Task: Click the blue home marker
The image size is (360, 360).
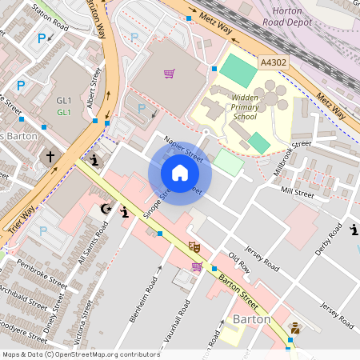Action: coord(180,173)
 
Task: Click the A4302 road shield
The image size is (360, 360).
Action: coord(272,60)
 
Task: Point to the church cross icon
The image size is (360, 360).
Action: coord(50,157)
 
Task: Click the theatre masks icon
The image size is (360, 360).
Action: coord(192,247)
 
